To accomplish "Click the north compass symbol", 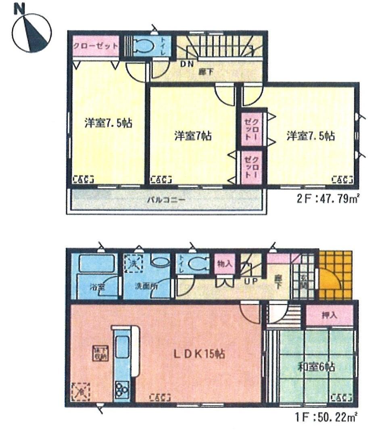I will tap(31, 31).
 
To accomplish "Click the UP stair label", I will tap(250, 281).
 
